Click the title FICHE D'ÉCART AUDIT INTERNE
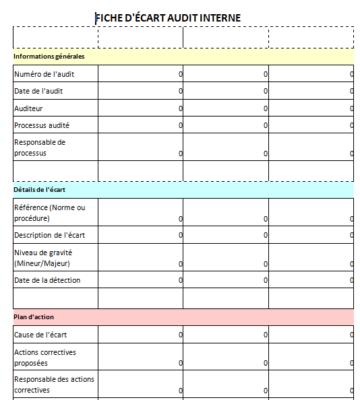[182, 17]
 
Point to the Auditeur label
[28, 108]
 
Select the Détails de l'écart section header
[39, 189]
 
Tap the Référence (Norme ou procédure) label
[50, 211]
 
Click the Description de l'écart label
[49, 234]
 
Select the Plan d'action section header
[33, 316]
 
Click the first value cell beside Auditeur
[141, 108]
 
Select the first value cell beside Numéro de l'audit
[141, 75]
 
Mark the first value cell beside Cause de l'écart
[141, 335]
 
